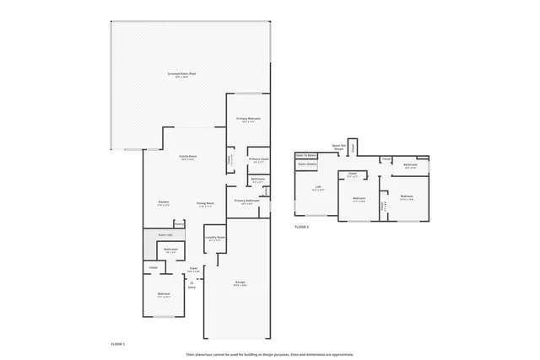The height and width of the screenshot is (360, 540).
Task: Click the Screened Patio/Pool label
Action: point(176,75)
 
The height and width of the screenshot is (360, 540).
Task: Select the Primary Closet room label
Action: point(258,159)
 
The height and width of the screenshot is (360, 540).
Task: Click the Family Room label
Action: point(187,158)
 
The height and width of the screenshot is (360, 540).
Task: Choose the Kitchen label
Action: point(165,202)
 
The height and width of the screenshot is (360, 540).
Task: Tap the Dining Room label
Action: point(205,203)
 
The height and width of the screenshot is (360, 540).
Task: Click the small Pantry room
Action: point(179,224)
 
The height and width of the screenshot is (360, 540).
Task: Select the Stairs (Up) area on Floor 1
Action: point(165,234)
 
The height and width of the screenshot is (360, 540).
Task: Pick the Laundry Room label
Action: point(214,239)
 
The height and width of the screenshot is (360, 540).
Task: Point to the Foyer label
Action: point(193,269)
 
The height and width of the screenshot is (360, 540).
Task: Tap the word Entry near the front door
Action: point(192,287)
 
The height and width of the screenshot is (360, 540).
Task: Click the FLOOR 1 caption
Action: point(118,345)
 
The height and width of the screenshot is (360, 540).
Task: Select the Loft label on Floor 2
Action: point(317,187)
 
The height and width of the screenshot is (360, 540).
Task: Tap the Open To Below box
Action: point(305,156)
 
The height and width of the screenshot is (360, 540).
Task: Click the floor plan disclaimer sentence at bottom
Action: point(270,354)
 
